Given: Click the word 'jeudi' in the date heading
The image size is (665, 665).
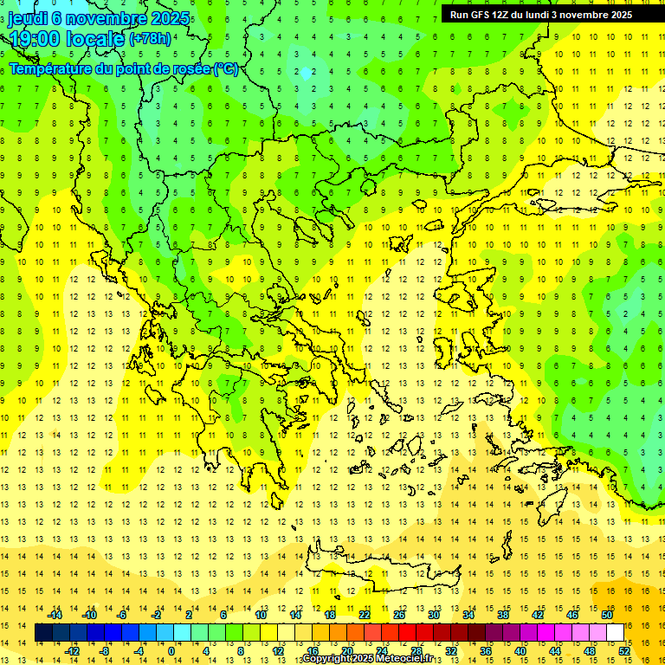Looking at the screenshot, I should (27, 18).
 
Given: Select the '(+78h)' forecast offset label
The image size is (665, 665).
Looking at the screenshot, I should (150, 39).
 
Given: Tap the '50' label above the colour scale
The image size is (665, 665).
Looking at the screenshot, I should (607, 615).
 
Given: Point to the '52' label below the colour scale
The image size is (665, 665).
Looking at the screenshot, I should (624, 651).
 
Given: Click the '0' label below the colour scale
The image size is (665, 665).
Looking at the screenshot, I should (171, 651).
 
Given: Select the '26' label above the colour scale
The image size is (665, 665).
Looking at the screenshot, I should (398, 615).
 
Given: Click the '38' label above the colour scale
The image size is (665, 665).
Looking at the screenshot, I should (503, 615).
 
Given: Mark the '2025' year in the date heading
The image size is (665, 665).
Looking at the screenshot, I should (170, 18).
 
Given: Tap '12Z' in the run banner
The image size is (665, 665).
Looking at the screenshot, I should (503, 14).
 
